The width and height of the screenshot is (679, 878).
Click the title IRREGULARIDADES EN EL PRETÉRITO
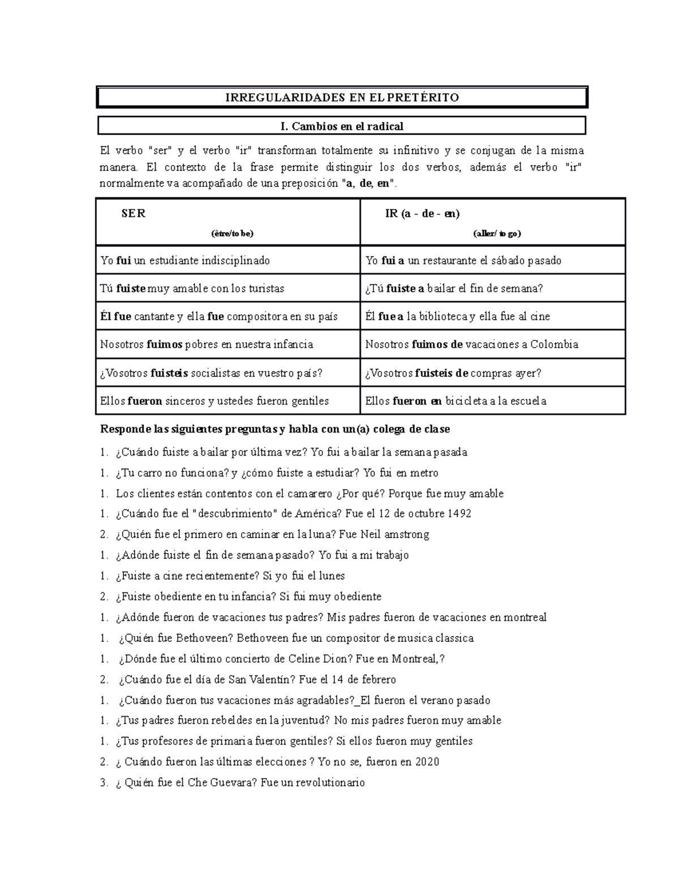[x=342, y=97]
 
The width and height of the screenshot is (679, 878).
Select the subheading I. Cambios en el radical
[x=342, y=126]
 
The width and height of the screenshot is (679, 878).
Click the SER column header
[x=134, y=214]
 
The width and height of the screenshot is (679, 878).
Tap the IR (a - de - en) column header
[x=422, y=214]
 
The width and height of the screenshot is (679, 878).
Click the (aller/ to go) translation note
[x=497, y=233]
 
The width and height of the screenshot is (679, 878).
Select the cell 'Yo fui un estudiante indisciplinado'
[x=185, y=261]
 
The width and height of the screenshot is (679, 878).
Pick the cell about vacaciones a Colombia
[x=471, y=344]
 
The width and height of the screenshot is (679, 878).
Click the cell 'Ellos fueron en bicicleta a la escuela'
[x=455, y=401]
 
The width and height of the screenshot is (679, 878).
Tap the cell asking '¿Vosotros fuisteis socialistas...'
[x=211, y=373]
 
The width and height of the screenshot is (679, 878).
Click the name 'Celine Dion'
[x=315, y=659]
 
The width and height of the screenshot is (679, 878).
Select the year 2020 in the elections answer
[x=427, y=762]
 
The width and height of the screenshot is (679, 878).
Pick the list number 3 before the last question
[x=104, y=783]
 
